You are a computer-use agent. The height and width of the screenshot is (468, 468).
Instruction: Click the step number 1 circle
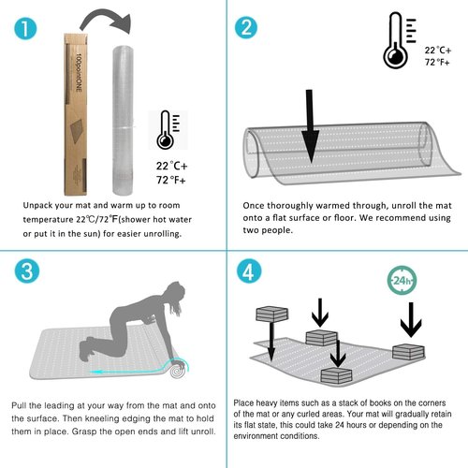25,28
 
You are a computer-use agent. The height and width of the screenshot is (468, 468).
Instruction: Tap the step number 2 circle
246,28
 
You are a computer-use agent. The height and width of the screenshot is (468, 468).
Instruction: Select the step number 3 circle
27,271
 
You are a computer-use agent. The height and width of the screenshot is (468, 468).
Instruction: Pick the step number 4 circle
249,271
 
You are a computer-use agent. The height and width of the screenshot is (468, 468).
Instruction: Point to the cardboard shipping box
75,114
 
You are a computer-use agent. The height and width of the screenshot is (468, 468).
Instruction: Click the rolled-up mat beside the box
123,120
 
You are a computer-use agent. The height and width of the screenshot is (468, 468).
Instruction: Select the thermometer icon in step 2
399,40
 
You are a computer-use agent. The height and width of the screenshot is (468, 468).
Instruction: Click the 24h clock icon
402,281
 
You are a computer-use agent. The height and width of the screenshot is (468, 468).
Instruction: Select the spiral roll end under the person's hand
178,371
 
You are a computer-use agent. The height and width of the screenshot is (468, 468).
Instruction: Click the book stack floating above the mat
272,314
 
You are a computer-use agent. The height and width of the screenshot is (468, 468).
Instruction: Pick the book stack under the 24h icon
408,352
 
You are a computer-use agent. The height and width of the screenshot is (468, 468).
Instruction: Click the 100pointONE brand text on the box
79,72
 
